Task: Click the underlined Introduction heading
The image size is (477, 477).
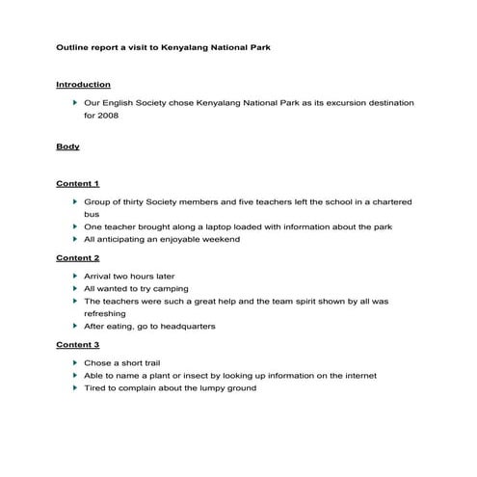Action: click(83, 85)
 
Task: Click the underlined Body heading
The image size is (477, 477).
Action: click(67, 147)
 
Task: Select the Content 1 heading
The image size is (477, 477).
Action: click(77, 183)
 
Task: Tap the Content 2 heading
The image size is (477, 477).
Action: click(77, 258)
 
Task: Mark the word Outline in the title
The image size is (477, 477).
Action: click(71, 45)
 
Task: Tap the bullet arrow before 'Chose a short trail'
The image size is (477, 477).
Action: click(75, 363)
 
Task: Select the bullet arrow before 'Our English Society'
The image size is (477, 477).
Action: click(75, 102)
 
